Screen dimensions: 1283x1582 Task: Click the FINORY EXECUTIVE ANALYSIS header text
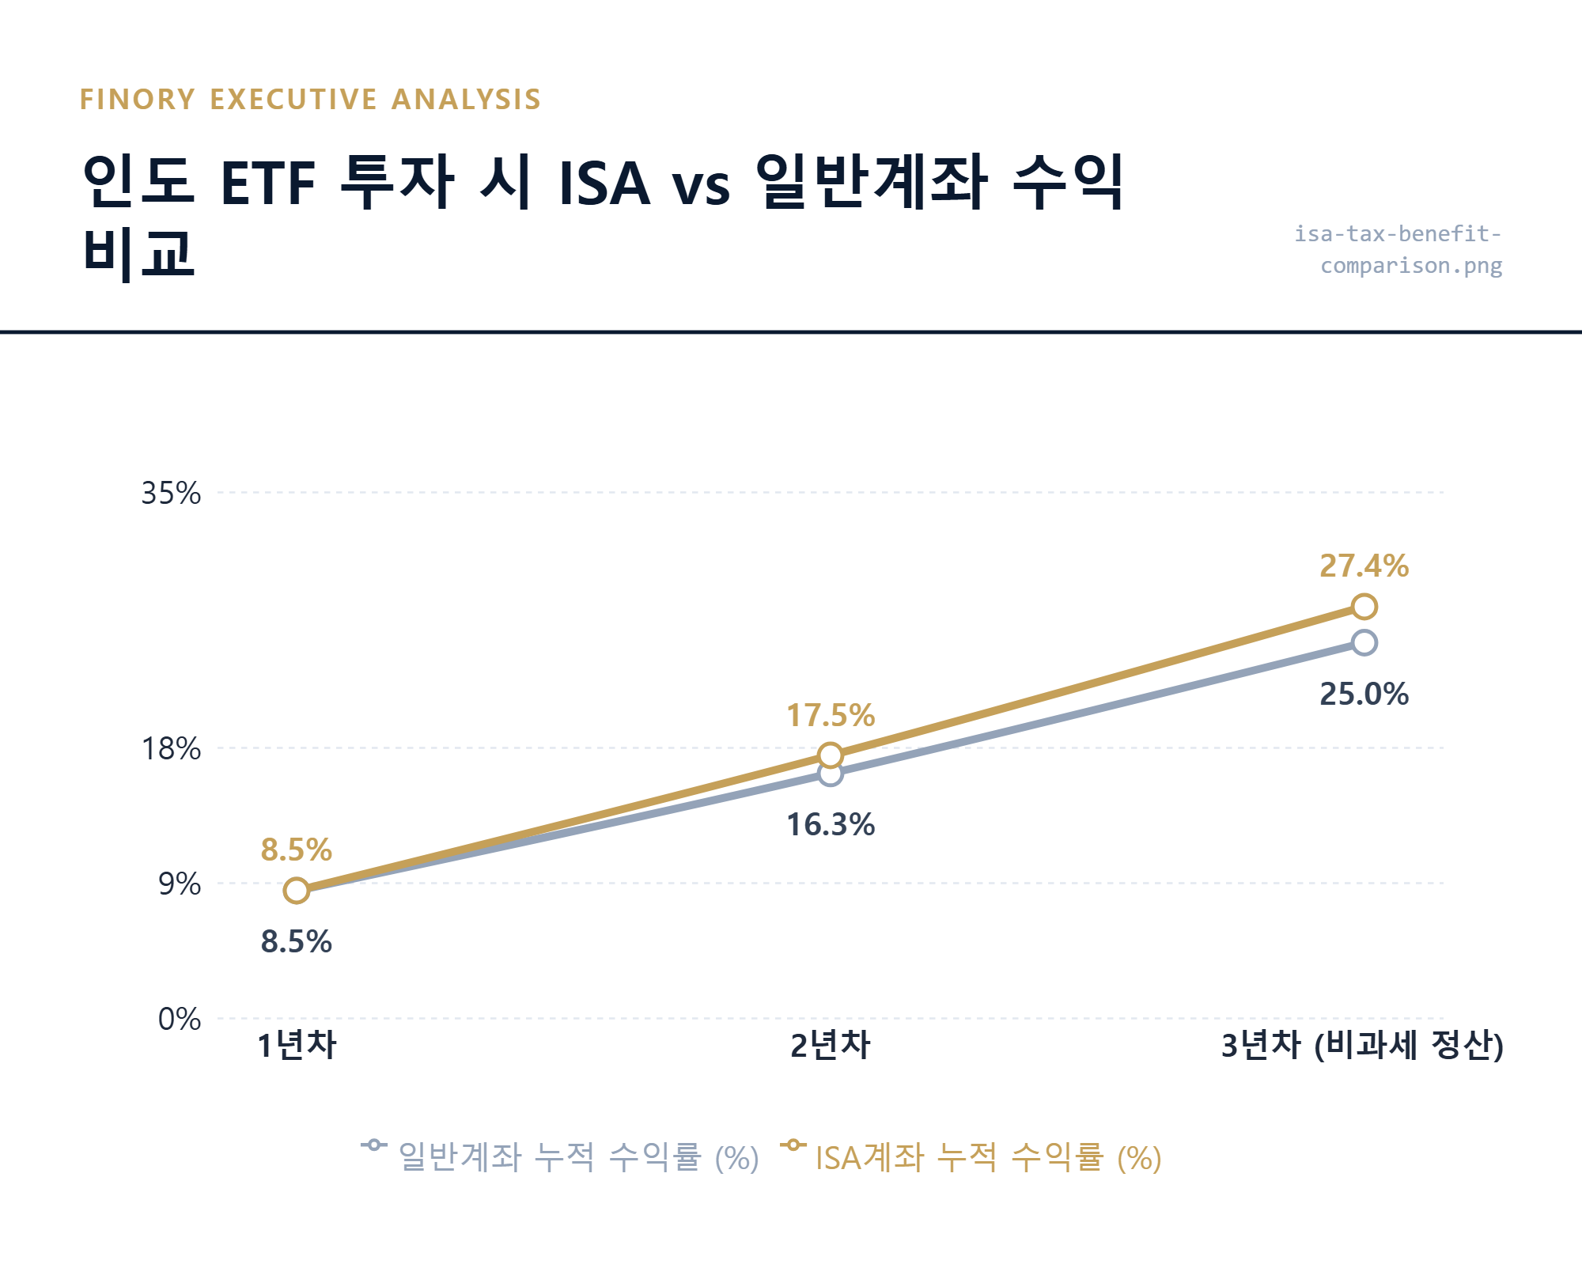(310, 100)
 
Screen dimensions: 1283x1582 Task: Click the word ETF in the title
(268, 184)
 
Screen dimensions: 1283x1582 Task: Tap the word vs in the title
(701, 187)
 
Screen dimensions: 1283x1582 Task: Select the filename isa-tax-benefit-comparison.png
(1398, 249)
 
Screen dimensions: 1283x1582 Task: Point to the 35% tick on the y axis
(171, 493)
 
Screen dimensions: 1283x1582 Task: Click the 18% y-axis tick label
(171, 748)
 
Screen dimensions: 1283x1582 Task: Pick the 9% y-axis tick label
(180, 884)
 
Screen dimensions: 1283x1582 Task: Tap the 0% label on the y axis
(180, 1019)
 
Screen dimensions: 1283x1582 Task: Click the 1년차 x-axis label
(297, 1045)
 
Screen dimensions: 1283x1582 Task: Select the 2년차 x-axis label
(830, 1045)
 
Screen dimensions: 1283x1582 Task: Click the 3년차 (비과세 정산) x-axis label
(1362, 1045)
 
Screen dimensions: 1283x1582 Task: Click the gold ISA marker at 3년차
(1364, 607)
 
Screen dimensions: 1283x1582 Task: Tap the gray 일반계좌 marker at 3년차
(1364, 642)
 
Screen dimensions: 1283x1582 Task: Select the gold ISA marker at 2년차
(830, 755)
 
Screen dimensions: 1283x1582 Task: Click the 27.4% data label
(1364, 566)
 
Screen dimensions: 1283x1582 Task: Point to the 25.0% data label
(1364, 694)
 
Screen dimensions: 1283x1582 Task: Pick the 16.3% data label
(830, 825)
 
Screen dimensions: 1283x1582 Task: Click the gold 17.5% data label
(830, 716)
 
